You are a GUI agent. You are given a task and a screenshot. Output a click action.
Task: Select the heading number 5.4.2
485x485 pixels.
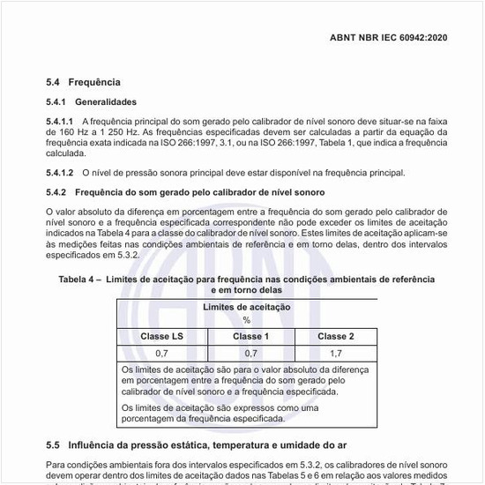tap(56, 191)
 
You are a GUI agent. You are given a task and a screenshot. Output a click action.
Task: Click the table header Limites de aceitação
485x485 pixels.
tap(247, 307)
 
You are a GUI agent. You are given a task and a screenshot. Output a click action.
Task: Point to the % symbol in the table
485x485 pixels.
tap(247, 320)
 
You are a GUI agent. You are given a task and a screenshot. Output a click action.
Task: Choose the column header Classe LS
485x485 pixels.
tap(161, 336)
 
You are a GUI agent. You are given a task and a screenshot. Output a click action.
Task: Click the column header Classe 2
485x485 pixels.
tap(335, 336)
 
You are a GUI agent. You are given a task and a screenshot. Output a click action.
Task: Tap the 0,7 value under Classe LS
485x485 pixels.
tap(161, 353)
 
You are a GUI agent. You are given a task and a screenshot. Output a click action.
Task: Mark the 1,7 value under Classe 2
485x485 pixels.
tap(335, 353)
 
